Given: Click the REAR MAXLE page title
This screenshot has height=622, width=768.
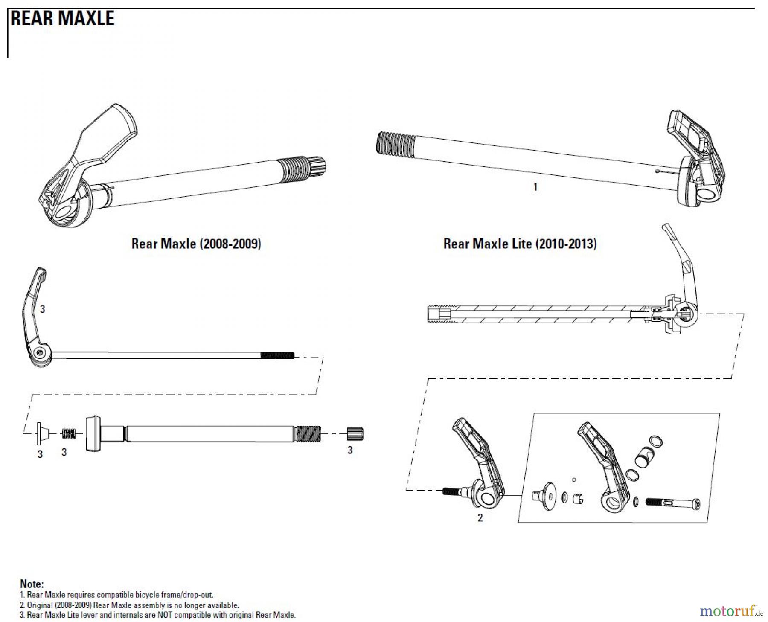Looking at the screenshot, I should point(63,18).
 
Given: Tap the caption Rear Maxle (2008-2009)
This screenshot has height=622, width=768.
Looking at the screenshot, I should point(196,244).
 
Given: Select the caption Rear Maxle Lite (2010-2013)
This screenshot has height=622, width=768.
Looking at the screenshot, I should point(520,244).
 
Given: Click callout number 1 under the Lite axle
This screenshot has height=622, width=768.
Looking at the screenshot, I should point(535,187).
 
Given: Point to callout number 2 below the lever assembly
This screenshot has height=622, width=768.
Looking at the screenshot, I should point(480,518).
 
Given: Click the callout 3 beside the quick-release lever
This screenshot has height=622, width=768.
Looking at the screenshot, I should point(42,309).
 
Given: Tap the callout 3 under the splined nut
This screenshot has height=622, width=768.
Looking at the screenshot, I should point(350,450).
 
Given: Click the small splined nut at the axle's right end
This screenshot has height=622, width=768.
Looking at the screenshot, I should point(355,433).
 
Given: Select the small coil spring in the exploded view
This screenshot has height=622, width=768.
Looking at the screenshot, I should point(69,434).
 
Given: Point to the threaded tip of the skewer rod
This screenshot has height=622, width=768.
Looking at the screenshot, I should point(277,355).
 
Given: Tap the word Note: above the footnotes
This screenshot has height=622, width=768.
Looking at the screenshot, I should point(32,584).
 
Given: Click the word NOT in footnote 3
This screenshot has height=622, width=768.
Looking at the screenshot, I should point(165,615).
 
